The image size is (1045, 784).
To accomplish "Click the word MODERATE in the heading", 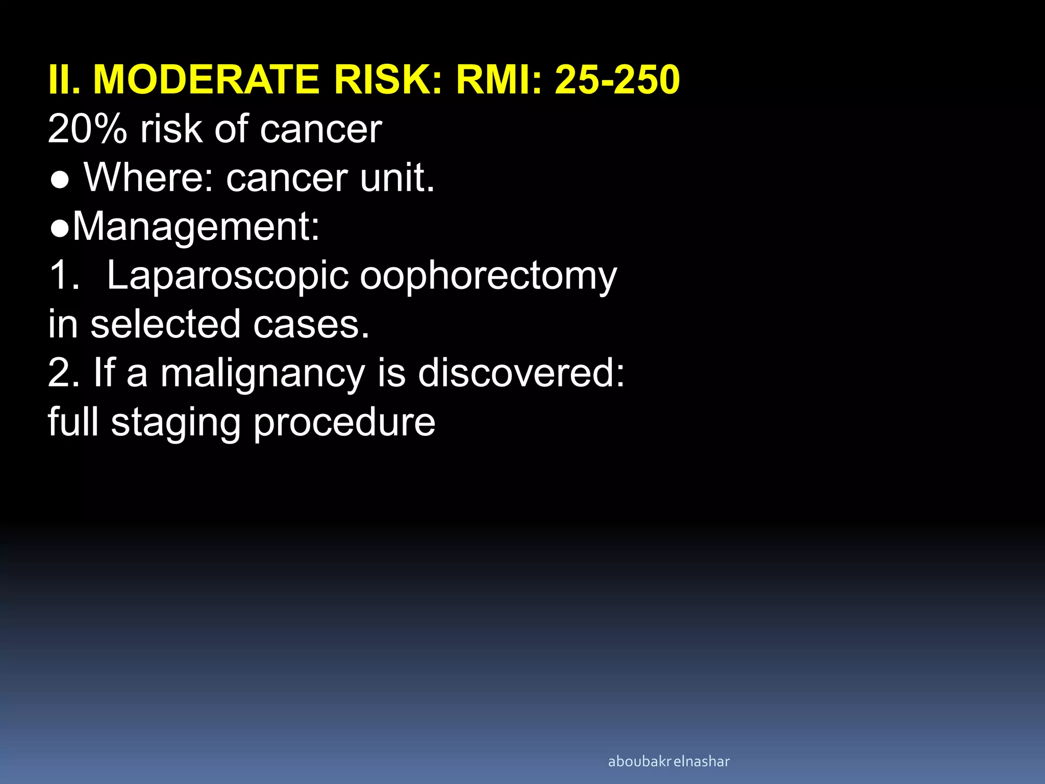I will click(x=206, y=80).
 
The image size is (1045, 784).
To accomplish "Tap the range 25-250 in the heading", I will click(x=617, y=80).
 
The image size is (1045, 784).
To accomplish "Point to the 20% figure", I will click(x=87, y=129).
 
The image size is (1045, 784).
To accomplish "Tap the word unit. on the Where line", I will click(x=397, y=178).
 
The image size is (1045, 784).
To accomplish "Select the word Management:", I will click(x=196, y=227).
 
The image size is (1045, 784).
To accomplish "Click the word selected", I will click(x=165, y=325).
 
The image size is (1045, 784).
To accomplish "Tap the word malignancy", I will click(x=263, y=374).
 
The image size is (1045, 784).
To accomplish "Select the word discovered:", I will click(x=521, y=374).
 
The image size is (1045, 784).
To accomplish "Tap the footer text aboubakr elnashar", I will click(x=668, y=762).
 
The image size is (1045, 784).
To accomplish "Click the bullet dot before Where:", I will click(x=60, y=180).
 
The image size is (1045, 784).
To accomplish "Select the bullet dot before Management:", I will click(x=60, y=229).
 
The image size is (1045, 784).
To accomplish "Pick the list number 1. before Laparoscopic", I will click(x=64, y=276).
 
